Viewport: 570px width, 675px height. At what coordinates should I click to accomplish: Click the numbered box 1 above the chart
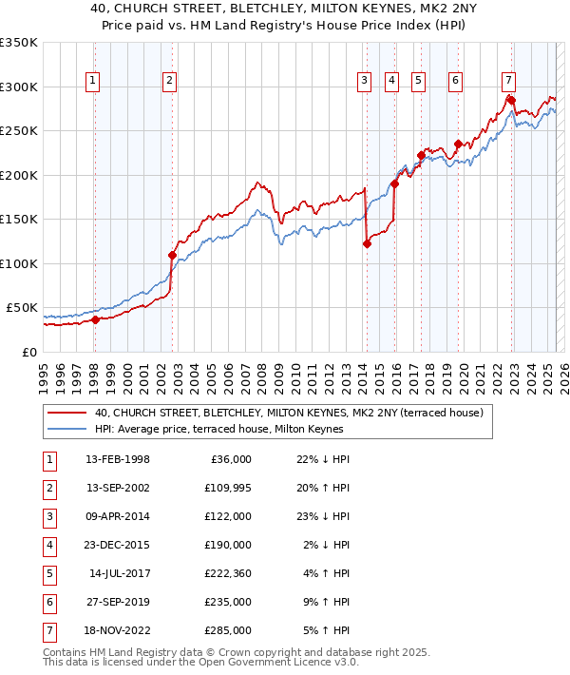[x=93, y=82]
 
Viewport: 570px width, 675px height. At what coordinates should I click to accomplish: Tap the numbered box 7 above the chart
[x=509, y=82]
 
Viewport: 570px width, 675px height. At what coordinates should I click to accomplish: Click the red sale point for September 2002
[x=172, y=255]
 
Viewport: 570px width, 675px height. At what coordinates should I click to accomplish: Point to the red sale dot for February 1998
[x=95, y=319]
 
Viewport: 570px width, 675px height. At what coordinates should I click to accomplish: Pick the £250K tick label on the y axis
[x=19, y=130]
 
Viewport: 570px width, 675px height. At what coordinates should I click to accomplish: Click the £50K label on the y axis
[x=23, y=307]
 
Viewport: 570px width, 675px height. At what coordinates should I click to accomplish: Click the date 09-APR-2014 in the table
[x=118, y=515]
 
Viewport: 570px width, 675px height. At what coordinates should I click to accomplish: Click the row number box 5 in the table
[x=48, y=572]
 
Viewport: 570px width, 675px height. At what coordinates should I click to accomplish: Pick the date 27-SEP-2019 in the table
[x=118, y=601]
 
